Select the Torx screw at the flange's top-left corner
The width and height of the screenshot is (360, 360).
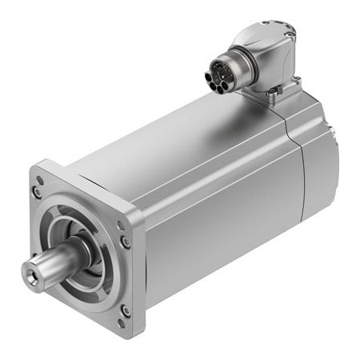38,192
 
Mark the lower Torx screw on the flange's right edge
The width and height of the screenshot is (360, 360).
125,310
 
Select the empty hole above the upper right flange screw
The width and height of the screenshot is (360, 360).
121,226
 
